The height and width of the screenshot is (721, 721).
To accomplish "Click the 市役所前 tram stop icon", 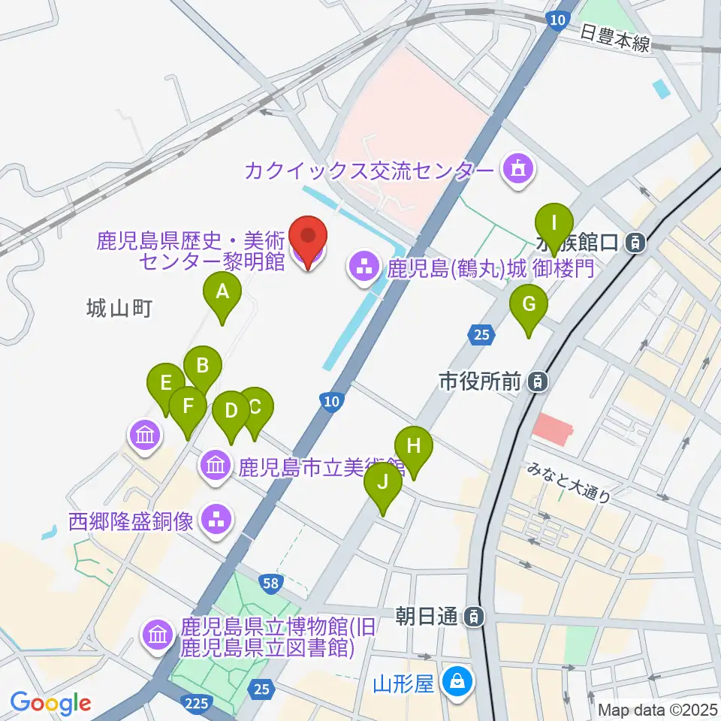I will click(538, 382).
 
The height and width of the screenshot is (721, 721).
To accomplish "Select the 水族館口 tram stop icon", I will click(635, 243).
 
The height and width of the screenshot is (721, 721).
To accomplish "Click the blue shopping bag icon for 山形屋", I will click(455, 683).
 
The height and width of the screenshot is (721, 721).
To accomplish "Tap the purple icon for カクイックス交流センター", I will click(518, 170).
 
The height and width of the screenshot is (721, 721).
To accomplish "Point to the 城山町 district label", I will click(120, 307).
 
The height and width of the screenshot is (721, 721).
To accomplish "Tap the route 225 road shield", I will click(195, 702).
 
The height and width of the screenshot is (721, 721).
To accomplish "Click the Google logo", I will click(51, 702).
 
